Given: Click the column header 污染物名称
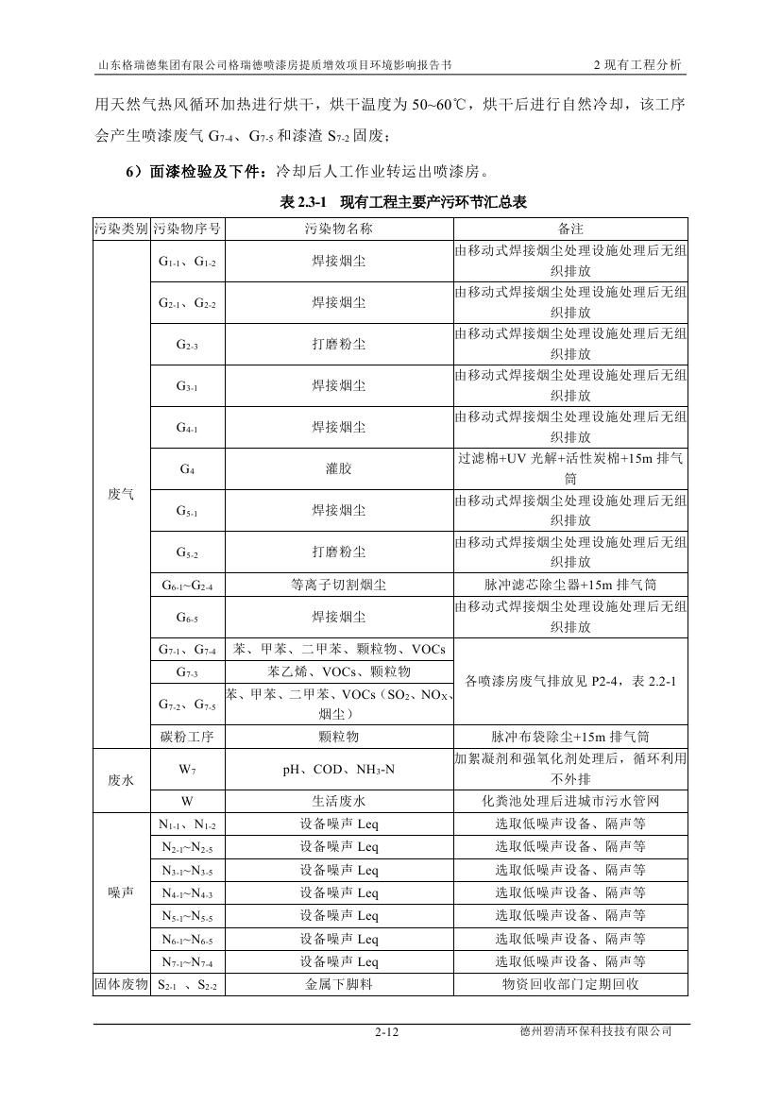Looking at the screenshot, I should (338, 229).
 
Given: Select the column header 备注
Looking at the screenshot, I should (571, 229).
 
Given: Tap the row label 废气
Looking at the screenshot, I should (121, 495).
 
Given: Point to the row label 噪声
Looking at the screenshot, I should (121, 892).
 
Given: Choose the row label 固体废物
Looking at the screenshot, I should (121, 984).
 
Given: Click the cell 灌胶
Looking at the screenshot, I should (338, 468).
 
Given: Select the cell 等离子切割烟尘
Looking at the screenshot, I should (338, 585).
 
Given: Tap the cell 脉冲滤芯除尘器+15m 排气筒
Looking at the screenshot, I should (571, 585).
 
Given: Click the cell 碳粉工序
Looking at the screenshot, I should (186, 737).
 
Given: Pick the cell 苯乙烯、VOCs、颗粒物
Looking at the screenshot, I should (338, 671).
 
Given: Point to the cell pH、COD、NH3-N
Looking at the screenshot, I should (338, 770).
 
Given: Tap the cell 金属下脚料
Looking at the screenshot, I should (338, 984).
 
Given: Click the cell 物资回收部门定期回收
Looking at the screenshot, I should (571, 984).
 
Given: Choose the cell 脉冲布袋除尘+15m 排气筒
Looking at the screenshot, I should (571, 737).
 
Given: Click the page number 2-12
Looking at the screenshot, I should (387, 1033).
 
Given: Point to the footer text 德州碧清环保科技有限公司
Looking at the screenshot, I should (589, 1032).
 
